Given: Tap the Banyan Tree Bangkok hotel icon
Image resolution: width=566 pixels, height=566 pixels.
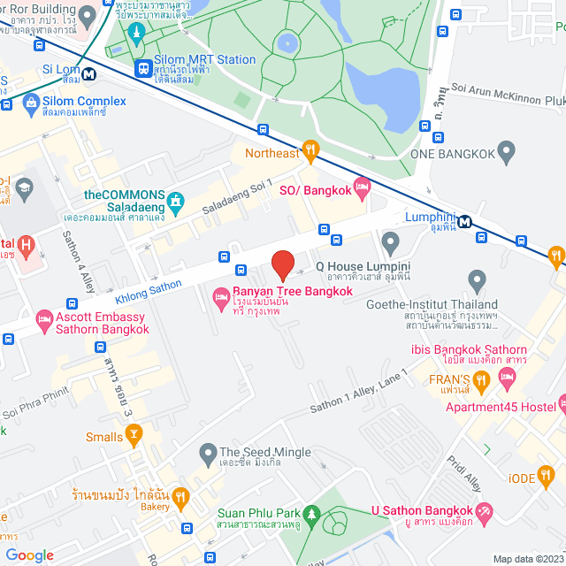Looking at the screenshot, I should [221, 302].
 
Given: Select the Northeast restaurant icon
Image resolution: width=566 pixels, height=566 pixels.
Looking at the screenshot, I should [310, 152].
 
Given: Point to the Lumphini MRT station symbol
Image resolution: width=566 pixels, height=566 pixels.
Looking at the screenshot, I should [464, 221].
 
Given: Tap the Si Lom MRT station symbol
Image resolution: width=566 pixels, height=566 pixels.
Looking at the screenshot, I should [89, 73].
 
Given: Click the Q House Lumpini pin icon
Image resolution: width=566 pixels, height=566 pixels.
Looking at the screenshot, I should [390, 241].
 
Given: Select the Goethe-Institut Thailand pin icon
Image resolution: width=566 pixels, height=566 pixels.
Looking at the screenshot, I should [477, 282].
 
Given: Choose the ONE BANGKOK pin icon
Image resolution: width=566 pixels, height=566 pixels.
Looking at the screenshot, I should [506, 152].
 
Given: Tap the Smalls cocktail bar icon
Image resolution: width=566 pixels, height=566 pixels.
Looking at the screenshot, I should [134, 434].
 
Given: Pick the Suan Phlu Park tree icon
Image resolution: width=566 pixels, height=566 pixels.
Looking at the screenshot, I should [310, 514].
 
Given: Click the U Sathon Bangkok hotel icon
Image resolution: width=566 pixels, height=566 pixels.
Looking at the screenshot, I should [484, 510].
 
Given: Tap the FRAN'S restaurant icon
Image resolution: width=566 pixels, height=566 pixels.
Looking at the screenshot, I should [482, 381].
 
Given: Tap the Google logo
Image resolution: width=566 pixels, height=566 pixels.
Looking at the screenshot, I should [29, 555].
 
